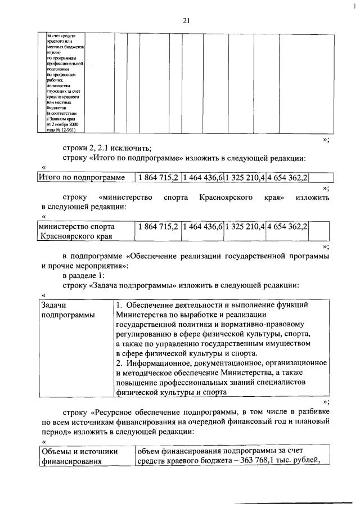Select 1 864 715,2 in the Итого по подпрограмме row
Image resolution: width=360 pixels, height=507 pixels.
(x=159, y=178)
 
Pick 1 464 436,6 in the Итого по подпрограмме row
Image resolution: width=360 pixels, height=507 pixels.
(x=202, y=178)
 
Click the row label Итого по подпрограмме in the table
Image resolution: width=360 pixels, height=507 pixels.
(x=81, y=178)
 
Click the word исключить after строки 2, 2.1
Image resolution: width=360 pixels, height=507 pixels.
(x=132, y=148)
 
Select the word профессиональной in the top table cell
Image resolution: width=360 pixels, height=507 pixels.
(x=65, y=65)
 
